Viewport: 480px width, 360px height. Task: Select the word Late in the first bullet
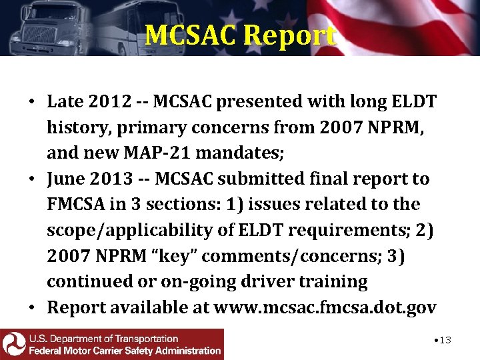pos(65,102)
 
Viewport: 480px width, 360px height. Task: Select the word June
pos(65,179)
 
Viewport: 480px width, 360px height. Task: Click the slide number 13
pos(442,340)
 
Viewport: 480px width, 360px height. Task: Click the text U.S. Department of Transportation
pos(103,339)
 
